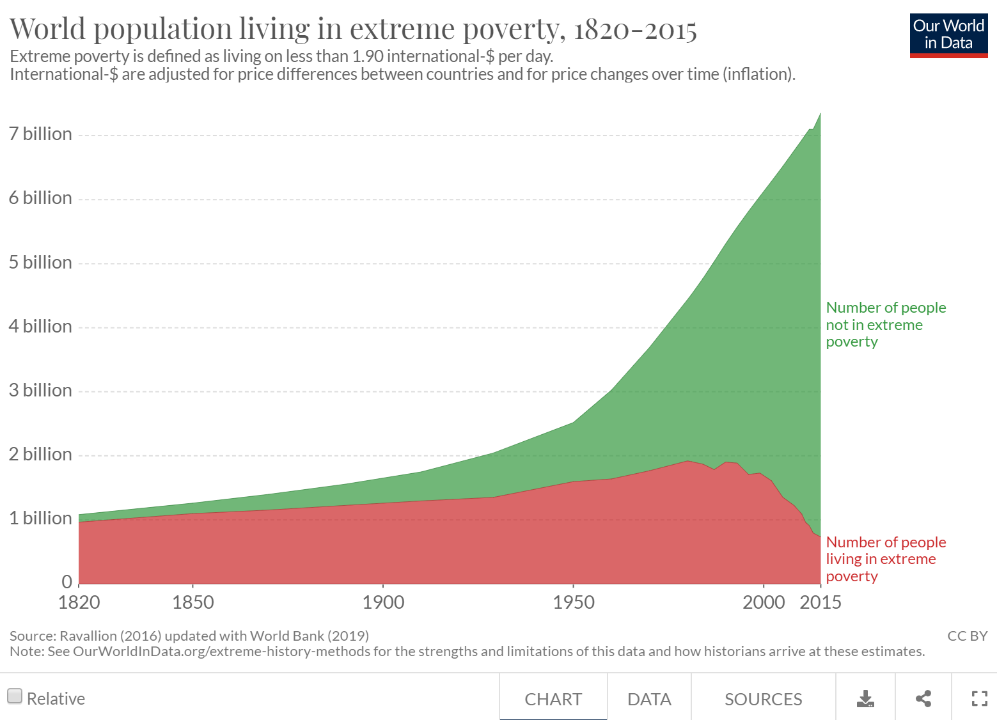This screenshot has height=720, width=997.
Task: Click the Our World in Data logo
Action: pyautogui.click(x=948, y=35)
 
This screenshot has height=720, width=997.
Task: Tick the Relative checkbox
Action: pyautogui.click(x=15, y=696)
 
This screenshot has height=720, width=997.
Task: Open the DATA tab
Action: pyautogui.click(x=649, y=699)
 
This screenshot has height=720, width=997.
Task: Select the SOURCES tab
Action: pyautogui.click(x=763, y=699)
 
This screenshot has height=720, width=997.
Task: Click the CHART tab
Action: pyautogui.click(x=553, y=699)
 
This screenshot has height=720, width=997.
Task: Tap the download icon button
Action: pyautogui.click(x=865, y=699)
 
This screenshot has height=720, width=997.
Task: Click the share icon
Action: pyautogui.click(x=923, y=699)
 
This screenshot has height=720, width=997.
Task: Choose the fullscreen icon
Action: pyautogui.click(x=979, y=699)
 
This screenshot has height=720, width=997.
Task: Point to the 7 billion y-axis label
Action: pyautogui.click(x=40, y=134)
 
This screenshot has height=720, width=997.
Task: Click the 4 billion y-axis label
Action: pyautogui.click(x=40, y=326)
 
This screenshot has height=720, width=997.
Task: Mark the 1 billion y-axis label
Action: pyautogui.click(x=40, y=518)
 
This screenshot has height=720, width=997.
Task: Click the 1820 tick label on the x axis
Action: pyautogui.click(x=79, y=602)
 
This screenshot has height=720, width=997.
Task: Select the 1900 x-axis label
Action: pyautogui.click(x=383, y=602)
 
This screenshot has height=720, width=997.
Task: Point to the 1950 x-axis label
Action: pyautogui.click(x=574, y=602)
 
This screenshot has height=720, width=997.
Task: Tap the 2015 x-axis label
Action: pyautogui.click(x=820, y=602)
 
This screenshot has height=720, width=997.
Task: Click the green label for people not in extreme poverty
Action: pyautogui.click(x=885, y=325)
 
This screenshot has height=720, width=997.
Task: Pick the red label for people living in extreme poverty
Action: pyautogui.click(x=885, y=559)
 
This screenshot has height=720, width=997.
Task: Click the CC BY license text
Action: pyautogui.click(x=967, y=636)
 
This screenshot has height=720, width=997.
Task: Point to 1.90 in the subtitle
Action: pyautogui.click(x=367, y=56)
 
